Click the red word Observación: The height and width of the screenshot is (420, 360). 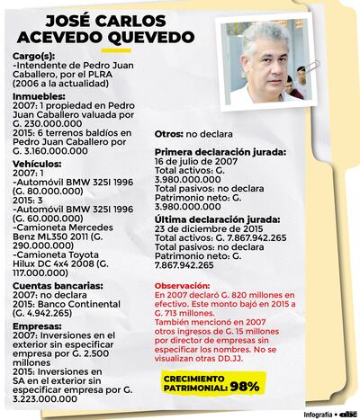[x=187, y=286]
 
